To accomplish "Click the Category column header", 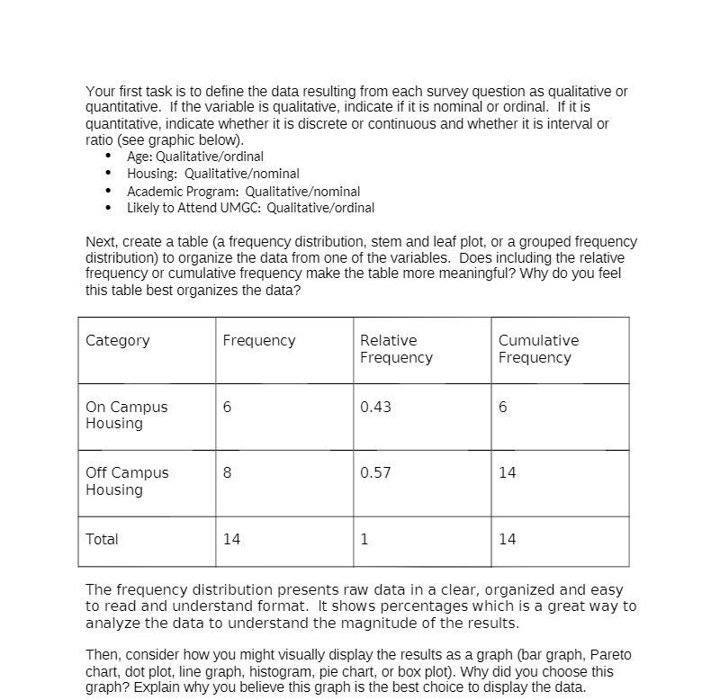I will coord(118,340).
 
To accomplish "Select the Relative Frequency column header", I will coord(396,349).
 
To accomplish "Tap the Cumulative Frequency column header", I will coord(538,349).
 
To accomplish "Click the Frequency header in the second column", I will coord(258,340).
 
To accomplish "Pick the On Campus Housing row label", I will coord(127,415).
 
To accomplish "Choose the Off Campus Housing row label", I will coord(127,481).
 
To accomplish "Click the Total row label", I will coord(102,539).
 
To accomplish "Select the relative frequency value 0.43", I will coord(375,407).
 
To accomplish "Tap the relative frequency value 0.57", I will coord(375,472).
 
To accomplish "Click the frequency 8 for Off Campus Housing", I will coord(228,472).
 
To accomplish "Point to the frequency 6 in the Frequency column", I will coord(228,407).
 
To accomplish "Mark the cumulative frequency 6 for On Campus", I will coord(503,407).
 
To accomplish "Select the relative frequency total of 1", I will coord(364,539).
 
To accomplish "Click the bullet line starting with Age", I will coord(195,157).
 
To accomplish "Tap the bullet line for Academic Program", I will coord(243,192).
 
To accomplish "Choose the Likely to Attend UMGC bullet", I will coord(250,208).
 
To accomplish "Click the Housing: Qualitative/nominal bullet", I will coord(213,174).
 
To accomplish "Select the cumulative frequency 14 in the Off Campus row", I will coord(508,472).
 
